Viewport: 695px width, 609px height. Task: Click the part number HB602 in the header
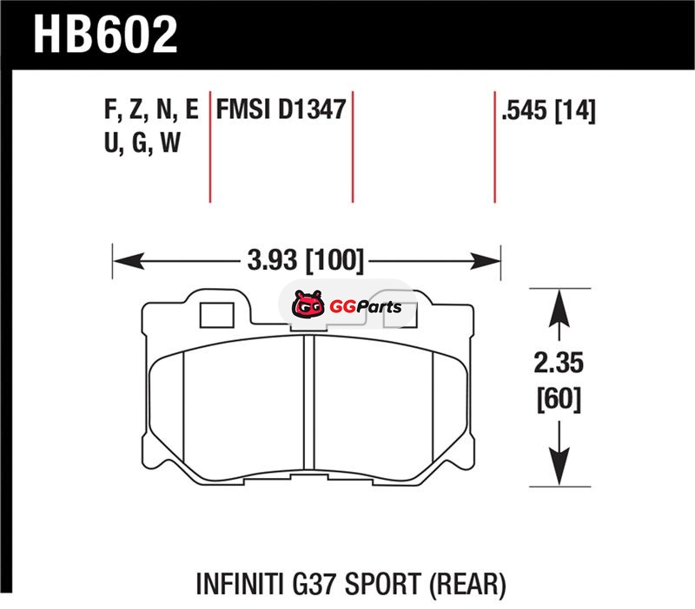coord(105,34)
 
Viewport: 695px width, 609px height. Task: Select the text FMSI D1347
coord(281,109)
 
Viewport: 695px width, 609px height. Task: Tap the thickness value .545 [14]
coord(548,110)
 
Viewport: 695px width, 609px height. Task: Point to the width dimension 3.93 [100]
coord(306,259)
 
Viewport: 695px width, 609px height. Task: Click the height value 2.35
coord(559,363)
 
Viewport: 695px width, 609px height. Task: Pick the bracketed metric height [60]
coord(559,399)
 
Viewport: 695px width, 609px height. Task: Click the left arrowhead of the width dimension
coord(129,261)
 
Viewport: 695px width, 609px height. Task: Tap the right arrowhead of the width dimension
coord(485,261)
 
